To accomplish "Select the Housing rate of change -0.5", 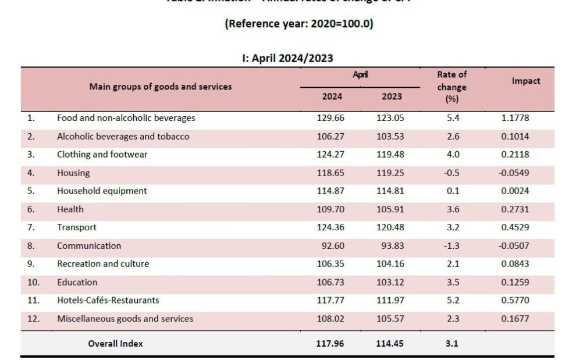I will [x=451, y=173].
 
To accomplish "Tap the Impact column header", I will [x=525, y=81].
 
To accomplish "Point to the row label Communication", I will [x=89, y=246].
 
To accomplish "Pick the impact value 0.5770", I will [x=515, y=301].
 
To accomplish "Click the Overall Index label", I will [x=115, y=344].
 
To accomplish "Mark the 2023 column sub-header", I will [x=392, y=97].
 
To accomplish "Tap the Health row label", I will [x=70, y=209].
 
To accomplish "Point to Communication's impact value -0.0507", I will [x=513, y=246].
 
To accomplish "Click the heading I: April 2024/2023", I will [x=287, y=58].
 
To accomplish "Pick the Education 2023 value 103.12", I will [x=390, y=283].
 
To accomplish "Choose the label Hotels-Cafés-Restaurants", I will [x=108, y=301].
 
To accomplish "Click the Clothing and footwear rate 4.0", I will [x=451, y=155].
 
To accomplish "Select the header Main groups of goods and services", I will [x=160, y=87].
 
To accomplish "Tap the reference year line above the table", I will [x=298, y=24].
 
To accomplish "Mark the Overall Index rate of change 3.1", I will [x=451, y=344].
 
